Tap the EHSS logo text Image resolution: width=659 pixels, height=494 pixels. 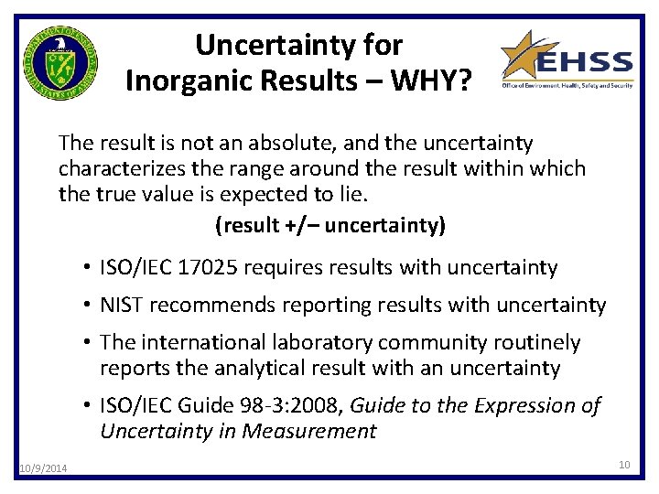click(x=584, y=63)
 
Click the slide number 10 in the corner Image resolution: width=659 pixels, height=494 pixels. click(x=624, y=465)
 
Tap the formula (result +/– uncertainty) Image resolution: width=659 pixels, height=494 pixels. click(x=329, y=225)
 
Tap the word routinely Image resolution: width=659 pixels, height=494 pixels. click(x=535, y=342)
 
